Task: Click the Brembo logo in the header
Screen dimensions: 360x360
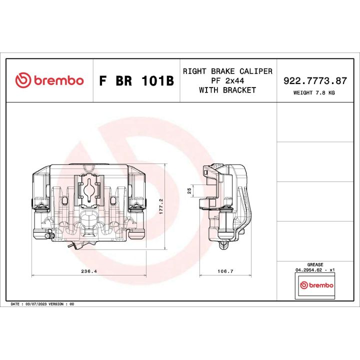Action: [49, 80]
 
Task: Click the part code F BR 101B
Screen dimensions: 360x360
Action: [136, 81]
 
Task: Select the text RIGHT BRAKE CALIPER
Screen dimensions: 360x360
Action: [227, 71]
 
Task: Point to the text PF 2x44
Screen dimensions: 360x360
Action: [227, 80]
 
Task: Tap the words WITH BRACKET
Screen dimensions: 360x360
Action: [227, 90]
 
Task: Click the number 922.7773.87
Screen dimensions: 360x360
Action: [315, 80]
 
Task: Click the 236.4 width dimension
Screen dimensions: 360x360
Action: [89, 271]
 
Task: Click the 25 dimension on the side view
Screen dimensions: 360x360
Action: [189, 190]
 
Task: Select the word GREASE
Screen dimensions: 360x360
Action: [315, 264]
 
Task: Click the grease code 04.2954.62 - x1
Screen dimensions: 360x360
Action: [315, 270]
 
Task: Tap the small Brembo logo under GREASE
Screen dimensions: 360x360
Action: [315, 284]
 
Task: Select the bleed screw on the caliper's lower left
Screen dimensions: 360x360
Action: [48, 235]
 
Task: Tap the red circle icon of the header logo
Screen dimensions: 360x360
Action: [23, 80]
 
